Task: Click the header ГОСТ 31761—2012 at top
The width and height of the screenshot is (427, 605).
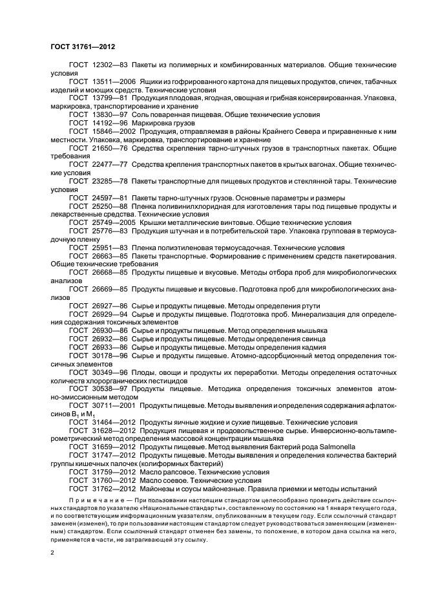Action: [83, 47]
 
